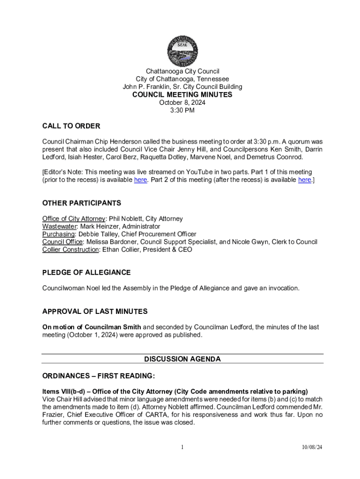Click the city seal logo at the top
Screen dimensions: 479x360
point(182,51)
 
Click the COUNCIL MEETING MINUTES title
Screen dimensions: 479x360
point(182,94)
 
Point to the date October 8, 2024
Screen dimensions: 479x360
point(182,103)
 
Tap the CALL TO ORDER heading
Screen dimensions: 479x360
point(71,126)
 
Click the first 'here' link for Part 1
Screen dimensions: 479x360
point(141,180)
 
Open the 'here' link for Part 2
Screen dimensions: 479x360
point(305,180)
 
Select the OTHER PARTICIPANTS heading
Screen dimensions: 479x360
point(82,203)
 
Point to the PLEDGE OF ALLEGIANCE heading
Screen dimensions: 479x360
point(86,272)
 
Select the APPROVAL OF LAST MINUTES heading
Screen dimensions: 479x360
point(95,311)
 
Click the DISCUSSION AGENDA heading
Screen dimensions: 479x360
point(182,359)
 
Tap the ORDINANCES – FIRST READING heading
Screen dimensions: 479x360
point(98,376)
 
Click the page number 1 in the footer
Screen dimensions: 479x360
point(183,447)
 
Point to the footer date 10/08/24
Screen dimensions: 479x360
point(312,447)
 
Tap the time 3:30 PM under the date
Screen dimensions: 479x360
point(182,111)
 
